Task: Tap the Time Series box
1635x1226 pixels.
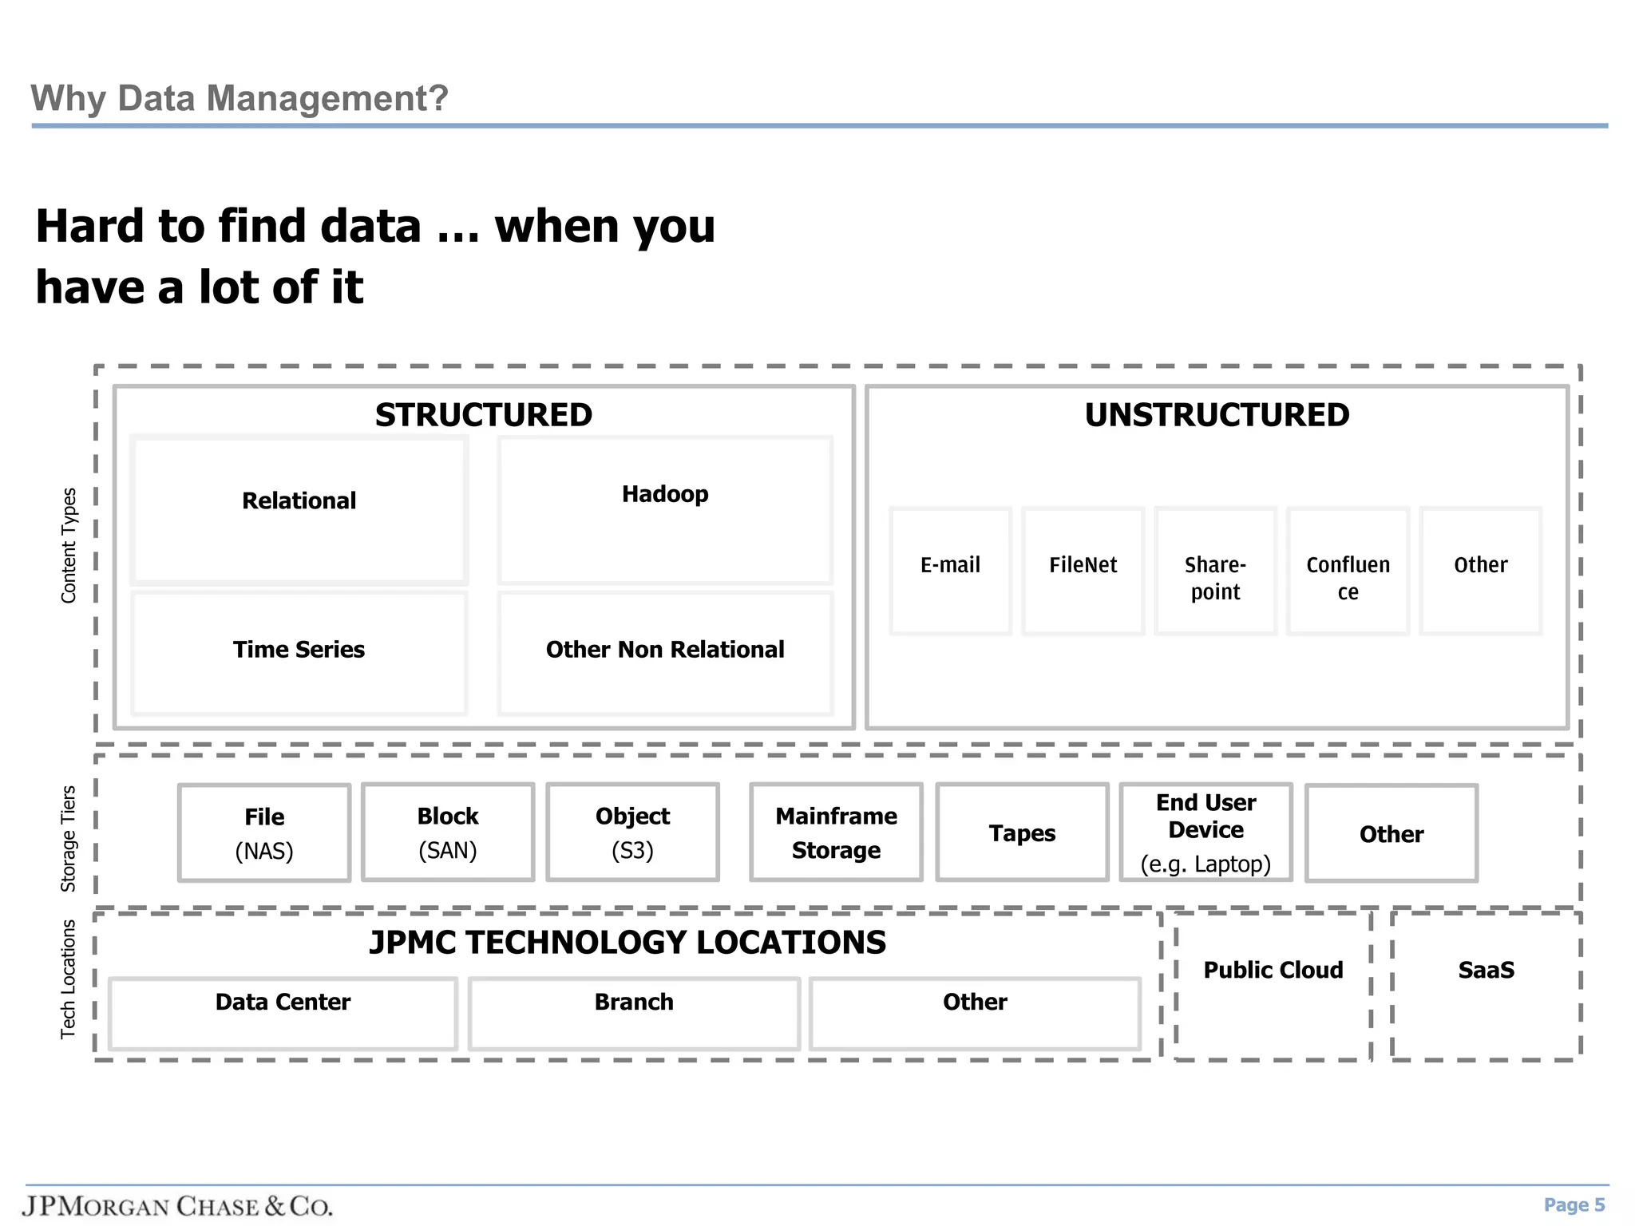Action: tap(299, 651)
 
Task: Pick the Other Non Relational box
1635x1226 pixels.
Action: tap(665, 651)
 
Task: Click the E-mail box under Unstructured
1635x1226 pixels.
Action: tap(950, 570)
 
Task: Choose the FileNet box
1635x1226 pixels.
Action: tap(1083, 570)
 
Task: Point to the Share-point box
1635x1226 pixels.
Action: tap(1215, 571)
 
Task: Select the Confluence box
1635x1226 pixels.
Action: tap(1348, 571)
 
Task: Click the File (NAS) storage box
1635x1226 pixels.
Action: tap(264, 832)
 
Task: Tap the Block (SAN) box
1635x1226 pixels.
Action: tap(448, 832)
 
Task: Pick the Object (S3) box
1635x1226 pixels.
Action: tap(632, 832)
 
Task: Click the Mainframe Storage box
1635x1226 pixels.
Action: tap(836, 832)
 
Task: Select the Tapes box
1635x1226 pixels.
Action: tap(1022, 832)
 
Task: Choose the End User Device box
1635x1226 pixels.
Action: tap(1205, 832)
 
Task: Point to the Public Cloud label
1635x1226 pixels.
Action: tap(1273, 970)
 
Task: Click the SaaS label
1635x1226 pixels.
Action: tap(1486, 970)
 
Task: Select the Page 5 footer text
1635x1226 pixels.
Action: tap(1574, 1204)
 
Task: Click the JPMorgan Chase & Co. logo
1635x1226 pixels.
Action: tap(177, 1205)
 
